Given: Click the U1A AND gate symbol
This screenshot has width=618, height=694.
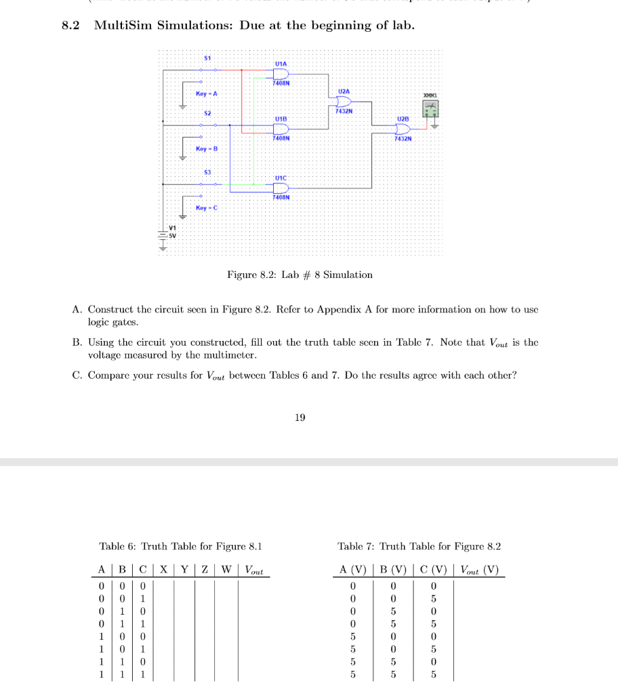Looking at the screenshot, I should pyautogui.click(x=280, y=73).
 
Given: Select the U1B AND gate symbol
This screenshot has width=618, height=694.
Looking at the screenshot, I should pyautogui.click(x=280, y=129).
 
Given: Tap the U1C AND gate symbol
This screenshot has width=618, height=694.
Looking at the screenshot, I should pyautogui.click(x=280, y=188).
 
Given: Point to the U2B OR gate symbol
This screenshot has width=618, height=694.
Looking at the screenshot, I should pyautogui.click(x=403, y=129).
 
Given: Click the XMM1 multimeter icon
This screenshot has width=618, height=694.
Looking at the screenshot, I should pyautogui.click(x=430, y=109).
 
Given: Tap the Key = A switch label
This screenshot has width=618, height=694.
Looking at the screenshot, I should pyautogui.click(x=206, y=93).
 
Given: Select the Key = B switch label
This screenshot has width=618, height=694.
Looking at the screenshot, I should pyautogui.click(x=206, y=148).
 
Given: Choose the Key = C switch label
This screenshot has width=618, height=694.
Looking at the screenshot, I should pyautogui.click(x=206, y=207).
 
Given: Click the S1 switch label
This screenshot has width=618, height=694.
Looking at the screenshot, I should pyautogui.click(x=207, y=58).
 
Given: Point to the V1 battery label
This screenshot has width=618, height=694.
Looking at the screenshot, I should pyautogui.click(x=172, y=227).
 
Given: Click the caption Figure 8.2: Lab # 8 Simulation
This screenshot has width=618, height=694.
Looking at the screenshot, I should pyautogui.click(x=300, y=274).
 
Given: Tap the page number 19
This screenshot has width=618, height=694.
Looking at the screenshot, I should pyautogui.click(x=300, y=417).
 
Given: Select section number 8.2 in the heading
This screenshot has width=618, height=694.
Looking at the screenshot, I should pyautogui.click(x=70, y=26).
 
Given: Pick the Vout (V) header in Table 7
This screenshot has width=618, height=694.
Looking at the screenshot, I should pyautogui.click(x=478, y=569).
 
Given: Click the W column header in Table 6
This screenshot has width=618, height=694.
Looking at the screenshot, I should pyautogui.click(x=227, y=569).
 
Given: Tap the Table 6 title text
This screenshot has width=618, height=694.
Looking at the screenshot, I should pyautogui.click(x=180, y=546).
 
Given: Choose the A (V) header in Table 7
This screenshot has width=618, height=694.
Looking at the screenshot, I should pyautogui.click(x=352, y=569).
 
